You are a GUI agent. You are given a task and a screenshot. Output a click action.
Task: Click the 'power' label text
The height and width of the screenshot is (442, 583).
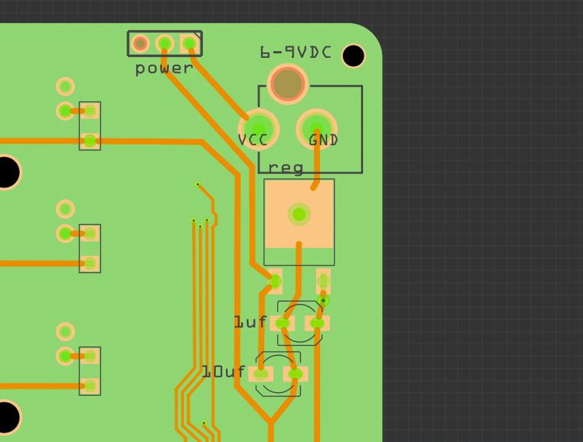point(163,68)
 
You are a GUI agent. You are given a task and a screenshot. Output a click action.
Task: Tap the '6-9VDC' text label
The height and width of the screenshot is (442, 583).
point(296,52)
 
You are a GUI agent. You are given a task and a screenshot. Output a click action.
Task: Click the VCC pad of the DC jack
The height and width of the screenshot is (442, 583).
point(259,129)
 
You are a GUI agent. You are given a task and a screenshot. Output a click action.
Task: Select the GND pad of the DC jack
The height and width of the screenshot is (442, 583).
point(317,127)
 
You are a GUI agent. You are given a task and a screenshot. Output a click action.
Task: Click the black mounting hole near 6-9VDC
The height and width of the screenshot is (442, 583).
point(353,56)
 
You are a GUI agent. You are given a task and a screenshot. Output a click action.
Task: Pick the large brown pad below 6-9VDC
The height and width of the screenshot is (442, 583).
point(287,84)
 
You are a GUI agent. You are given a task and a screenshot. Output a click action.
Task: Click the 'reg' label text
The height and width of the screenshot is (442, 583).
point(285,168)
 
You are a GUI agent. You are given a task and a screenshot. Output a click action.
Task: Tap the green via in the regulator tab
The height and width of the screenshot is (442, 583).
point(299,215)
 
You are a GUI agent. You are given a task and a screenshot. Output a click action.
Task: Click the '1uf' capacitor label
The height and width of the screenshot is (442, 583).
point(251,322)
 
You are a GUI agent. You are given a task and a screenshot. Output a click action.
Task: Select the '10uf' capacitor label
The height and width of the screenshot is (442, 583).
point(223,372)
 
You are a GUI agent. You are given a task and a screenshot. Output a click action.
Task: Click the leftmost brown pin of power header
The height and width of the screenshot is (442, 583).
point(140,44)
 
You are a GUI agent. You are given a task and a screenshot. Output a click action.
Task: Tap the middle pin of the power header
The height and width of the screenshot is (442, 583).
point(165,44)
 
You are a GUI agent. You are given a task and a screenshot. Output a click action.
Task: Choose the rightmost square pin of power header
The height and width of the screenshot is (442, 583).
point(189,44)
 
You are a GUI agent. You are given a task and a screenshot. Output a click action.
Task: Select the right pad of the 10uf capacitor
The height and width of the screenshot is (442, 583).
point(296,374)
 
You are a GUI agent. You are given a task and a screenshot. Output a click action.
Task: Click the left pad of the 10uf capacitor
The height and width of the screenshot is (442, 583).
point(260,374)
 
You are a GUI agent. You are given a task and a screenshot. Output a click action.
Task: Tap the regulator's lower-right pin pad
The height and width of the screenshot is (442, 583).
point(324,281)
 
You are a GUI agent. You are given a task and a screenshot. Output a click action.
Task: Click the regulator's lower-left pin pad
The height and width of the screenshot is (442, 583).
point(275,281)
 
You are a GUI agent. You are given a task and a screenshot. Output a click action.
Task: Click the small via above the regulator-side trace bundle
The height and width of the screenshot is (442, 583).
point(198,184)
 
